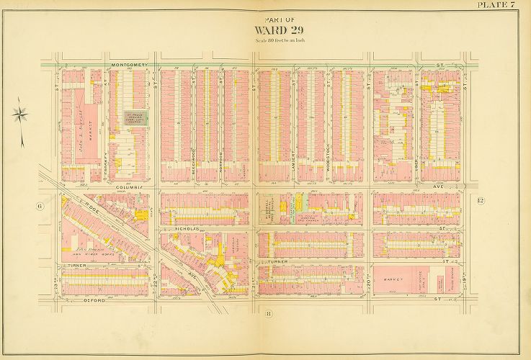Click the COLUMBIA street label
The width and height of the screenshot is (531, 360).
pyautogui.click(x=133, y=187)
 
